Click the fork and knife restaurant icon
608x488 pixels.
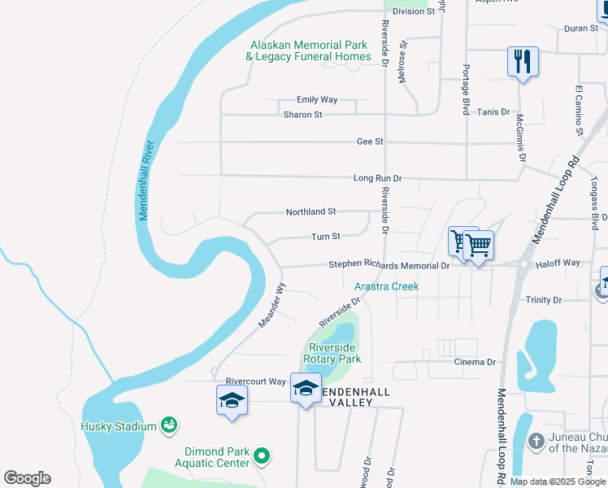tap(523, 61)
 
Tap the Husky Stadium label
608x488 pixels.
tap(118, 426)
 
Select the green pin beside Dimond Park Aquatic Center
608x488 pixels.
tap(262, 456)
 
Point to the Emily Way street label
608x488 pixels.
tap(317, 100)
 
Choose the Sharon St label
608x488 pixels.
tap(302, 115)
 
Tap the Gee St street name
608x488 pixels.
tap(369, 142)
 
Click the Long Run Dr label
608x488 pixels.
tap(377, 178)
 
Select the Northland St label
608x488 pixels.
tap(311, 211)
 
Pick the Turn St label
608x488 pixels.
tap(325, 237)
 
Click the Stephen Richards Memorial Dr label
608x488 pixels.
tap(389, 265)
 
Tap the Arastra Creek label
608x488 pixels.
tap(386, 286)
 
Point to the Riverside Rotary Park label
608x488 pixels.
tap(332, 352)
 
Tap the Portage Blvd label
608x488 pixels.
tap(467, 89)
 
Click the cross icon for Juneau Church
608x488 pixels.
tap(535, 441)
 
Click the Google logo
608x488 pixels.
tap(27, 478)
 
